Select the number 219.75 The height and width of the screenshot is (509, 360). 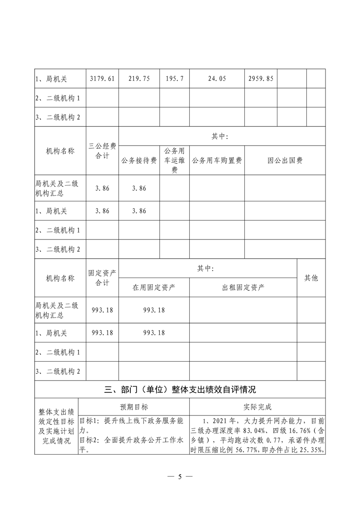click(139, 78)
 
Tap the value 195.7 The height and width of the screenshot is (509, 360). click(174, 78)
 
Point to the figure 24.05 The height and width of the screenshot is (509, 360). click(217, 78)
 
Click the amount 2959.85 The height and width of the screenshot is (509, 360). click(261, 78)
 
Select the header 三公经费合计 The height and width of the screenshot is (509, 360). click(102, 151)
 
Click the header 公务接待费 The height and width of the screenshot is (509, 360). click(139, 161)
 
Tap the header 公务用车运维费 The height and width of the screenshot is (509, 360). click(174, 161)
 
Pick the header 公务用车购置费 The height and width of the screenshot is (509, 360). click(217, 161)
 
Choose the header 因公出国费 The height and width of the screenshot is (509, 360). click(285, 161)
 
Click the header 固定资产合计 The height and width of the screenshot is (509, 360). click(102, 278)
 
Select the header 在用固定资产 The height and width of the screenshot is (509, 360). click(154, 288)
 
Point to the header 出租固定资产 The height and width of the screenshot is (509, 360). click(243, 288)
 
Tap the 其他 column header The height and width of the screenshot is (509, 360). click(311, 278)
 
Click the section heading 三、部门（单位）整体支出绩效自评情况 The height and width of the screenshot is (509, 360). click(180, 389)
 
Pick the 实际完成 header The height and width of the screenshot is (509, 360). click(257, 407)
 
